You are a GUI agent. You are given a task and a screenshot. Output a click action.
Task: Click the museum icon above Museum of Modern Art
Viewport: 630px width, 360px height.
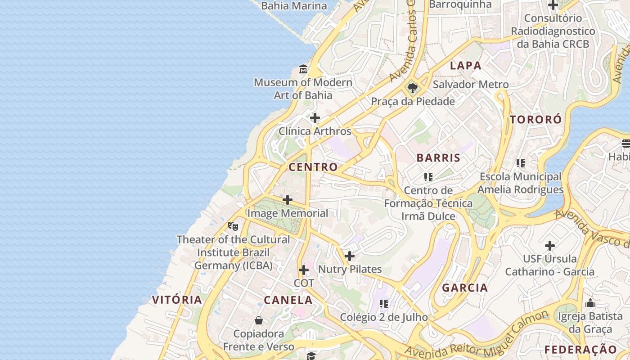point(303,69)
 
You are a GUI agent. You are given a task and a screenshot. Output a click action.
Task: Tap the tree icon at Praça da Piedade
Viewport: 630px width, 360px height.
point(412,88)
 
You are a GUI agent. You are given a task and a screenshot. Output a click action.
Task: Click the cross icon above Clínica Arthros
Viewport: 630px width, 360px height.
point(315,118)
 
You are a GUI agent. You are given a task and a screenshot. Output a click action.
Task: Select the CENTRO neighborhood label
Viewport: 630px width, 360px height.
point(313,167)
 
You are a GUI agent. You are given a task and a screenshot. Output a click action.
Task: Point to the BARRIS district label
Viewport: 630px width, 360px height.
point(438,158)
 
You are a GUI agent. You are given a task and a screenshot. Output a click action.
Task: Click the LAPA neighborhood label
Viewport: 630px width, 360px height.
point(466,66)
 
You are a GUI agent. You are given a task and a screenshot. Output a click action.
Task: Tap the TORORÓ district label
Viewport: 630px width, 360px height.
point(536,120)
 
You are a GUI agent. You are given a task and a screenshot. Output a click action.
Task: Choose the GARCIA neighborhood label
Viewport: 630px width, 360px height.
point(465,288)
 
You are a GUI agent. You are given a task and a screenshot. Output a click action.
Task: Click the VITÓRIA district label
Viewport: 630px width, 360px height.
point(177,300)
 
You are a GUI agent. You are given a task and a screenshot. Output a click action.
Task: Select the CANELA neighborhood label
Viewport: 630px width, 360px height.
point(288,300)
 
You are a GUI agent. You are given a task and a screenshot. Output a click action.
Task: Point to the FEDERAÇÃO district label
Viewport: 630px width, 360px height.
point(580,350)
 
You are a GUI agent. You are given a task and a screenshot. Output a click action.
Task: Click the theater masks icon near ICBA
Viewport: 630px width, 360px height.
point(233,226)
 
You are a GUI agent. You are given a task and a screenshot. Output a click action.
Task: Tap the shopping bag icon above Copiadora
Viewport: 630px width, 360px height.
point(259,320)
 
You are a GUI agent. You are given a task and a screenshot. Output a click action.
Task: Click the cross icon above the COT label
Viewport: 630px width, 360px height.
point(304,270)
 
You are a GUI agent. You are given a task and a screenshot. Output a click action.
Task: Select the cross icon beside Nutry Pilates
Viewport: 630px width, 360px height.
point(349,256)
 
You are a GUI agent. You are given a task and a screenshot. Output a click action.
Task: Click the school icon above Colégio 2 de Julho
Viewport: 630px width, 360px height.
point(384,304)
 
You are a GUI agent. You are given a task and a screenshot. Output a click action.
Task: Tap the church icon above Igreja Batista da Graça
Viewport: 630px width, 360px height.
point(590,303)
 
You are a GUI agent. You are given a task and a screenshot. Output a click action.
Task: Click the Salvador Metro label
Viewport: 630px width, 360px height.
point(471,85)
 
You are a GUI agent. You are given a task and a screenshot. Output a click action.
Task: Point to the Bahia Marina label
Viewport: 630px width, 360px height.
point(294,6)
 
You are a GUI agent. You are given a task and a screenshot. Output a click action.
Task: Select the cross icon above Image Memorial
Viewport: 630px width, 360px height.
point(288,200)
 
